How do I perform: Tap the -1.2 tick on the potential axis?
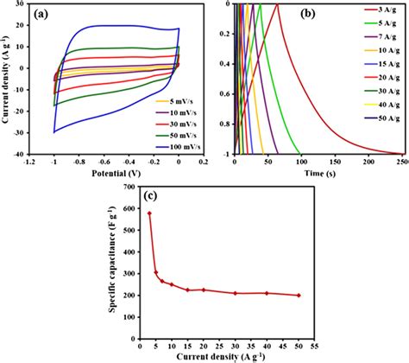(29, 161)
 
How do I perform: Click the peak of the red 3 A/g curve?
(277, 5)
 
